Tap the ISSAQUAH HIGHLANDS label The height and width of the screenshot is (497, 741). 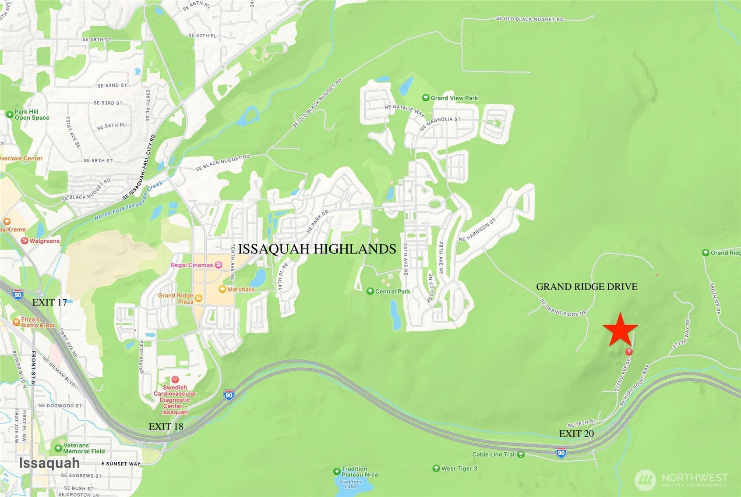pos(317,249)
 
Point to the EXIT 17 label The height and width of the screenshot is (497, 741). pos(49,302)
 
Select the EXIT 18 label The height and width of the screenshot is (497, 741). pos(166,426)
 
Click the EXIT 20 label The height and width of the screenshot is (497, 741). pos(576,433)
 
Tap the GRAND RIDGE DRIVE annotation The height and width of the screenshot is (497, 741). pos(586,287)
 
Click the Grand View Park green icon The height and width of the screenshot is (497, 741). pos(425,98)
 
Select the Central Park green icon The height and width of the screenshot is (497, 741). pos(370,291)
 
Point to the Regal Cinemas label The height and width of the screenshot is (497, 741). pos(192,265)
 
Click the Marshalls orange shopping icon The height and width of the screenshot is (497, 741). pos(222,289)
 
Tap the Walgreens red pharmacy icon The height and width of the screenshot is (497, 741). pos(25,241)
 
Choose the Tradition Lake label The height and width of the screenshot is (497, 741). pos(350,484)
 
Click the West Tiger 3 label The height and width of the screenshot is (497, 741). pos(459,469)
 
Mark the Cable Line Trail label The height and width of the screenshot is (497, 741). pos(494,454)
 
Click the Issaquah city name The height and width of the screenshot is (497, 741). pos(49,463)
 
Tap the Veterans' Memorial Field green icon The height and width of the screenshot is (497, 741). pos(58,448)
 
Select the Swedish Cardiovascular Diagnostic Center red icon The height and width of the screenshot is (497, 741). pos(175,379)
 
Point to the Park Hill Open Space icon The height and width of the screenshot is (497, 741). pos(9,114)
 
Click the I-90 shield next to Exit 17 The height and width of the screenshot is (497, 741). pos(18,295)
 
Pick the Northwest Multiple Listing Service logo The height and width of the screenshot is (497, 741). pos(681,479)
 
